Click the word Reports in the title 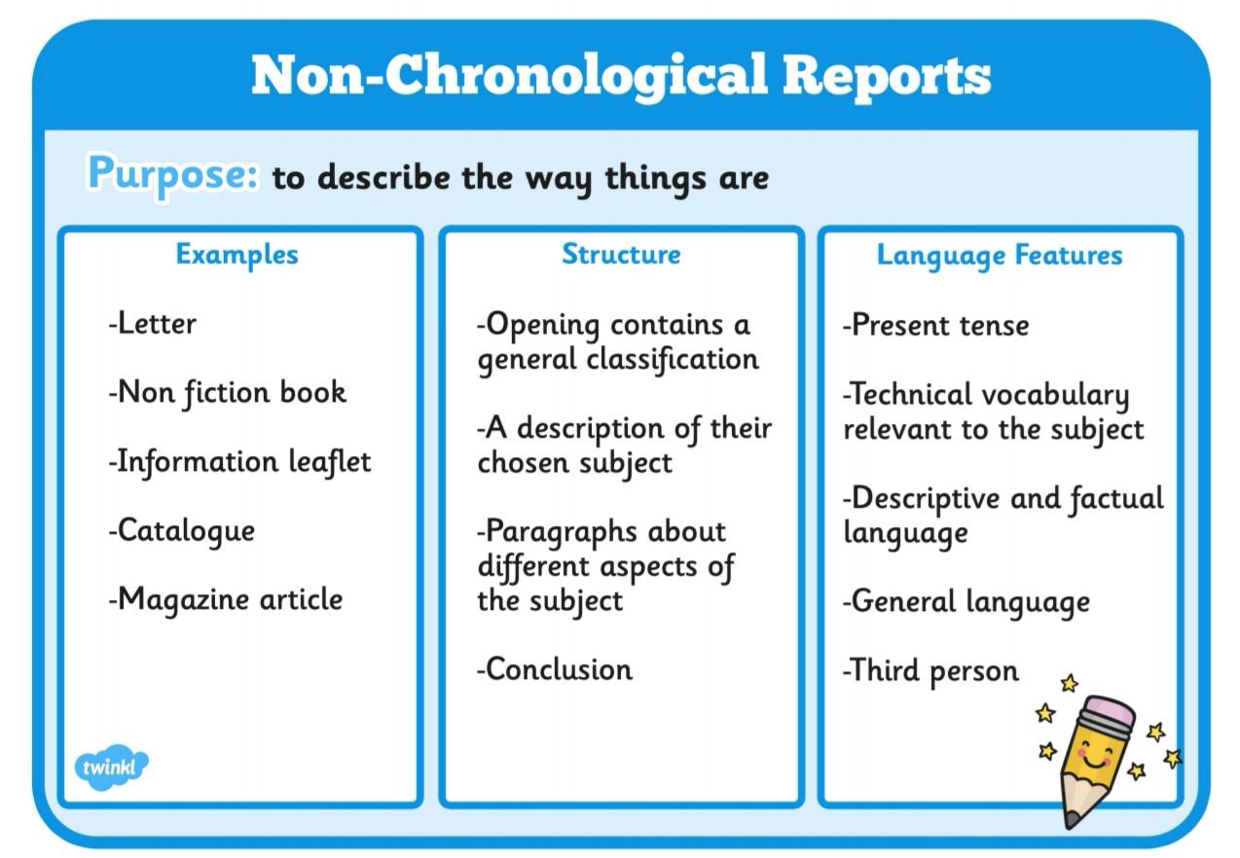pos(887,77)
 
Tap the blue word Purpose pos(172,176)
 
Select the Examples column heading pos(237,256)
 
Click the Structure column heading pos(621,255)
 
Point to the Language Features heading pos(1000,256)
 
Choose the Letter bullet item pos(152,324)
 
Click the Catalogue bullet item pos(182,531)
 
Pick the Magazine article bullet pos(225,600)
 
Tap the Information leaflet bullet pos(239,462)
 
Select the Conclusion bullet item pos(554,669)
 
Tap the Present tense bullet pos(935,325)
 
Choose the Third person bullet pos(930,671)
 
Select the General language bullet pos(966,602)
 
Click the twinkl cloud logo pos(111,767)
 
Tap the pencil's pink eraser pos(1108,711)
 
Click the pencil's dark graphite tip pos(1072,820)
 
